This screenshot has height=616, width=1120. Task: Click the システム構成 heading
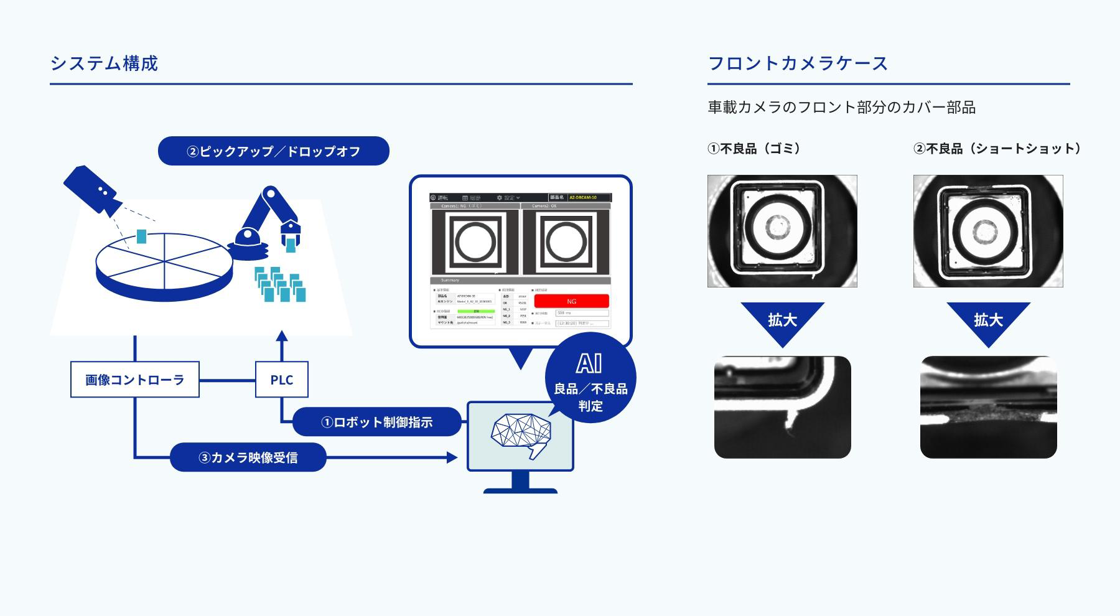coord(104,63)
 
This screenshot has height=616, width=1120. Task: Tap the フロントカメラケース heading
coord(798,63)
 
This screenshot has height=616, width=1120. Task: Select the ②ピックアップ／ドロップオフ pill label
coord(273,151)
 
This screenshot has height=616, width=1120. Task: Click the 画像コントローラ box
coord(135,380)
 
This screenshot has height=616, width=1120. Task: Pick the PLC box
coord(282,380)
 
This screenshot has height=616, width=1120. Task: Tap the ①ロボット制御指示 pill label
coord(376,422)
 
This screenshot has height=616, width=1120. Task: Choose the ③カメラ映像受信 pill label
coord(248,457)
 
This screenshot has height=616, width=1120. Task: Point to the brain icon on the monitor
coord(521,434)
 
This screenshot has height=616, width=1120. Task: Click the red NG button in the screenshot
coord(571,301)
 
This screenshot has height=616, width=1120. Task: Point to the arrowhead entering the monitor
coord(452,457)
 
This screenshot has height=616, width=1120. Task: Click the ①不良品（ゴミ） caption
coord(754,149)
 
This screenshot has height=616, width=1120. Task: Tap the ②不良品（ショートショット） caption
coord(997,149)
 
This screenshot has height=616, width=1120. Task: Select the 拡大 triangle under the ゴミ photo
coord(782,320)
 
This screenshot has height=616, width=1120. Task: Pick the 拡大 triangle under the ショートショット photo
coord(988,320)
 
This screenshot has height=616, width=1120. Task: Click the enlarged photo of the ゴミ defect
coord(782,407)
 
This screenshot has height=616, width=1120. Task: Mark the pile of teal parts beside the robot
coord(280,284)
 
